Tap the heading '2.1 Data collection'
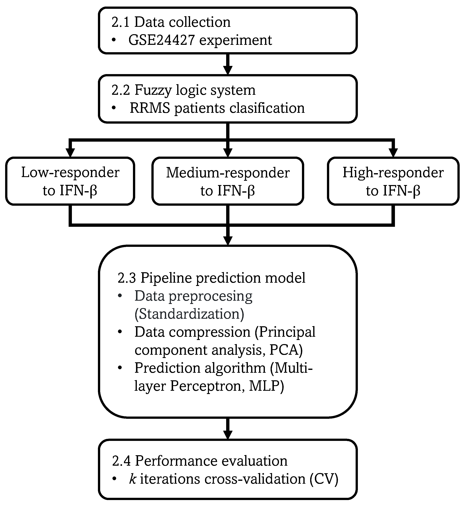tap(171, 22)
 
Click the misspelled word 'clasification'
tap(267, 108)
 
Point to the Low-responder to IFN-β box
tap(70, 181)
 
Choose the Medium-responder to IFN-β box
tap(228, 181)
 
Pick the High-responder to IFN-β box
tap(393, 181)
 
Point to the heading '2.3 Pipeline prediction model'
tap(211, 278)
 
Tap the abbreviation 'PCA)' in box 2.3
tap(286, 350)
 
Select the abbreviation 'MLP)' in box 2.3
tap(266, 386)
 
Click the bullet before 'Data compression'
tap(120, 332)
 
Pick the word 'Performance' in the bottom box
tap(176, 461)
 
